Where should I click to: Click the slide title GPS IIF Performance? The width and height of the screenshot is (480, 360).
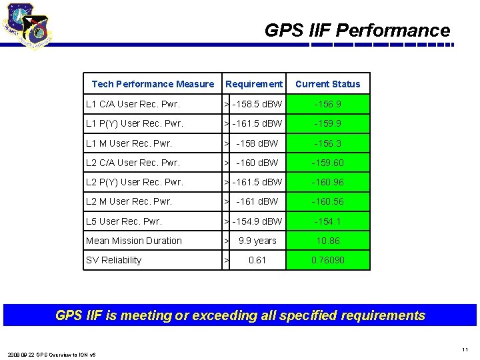(x=357, y=31)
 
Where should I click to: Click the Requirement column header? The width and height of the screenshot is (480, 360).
(x=253, y=84)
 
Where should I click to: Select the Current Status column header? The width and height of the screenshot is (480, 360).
(x=327, y=84)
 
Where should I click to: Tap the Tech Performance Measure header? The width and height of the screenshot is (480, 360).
(x=153, y=84)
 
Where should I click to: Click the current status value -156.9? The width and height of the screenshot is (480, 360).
(x=328, y=104)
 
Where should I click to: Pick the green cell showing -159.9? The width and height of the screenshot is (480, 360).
(x=328, y=123)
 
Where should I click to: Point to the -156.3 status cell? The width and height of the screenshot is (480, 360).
(x=328, y=143)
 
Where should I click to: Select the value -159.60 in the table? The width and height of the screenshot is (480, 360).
(x=328, y=163)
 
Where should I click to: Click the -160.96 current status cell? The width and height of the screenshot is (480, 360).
(x=328, y=182)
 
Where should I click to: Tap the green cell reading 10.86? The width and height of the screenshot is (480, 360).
(x=328, y=241)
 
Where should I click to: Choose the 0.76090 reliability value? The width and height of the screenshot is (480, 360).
(x=328, y=260)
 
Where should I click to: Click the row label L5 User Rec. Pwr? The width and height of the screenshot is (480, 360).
(x=124, y=221)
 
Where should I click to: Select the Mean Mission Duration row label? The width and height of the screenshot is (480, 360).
(x=134, y=241)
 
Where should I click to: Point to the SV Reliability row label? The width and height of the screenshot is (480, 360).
(x=114, y=260)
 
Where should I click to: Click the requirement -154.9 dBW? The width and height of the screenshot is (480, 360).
(x=257, y=221)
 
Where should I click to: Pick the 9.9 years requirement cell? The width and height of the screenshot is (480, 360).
(x=257, y=241)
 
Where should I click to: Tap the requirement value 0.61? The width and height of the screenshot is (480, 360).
(x=257, y=260)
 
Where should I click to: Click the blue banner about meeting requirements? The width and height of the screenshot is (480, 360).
(x=240, y=315)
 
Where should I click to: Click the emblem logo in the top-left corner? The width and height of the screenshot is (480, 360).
(x=27, y=27)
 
